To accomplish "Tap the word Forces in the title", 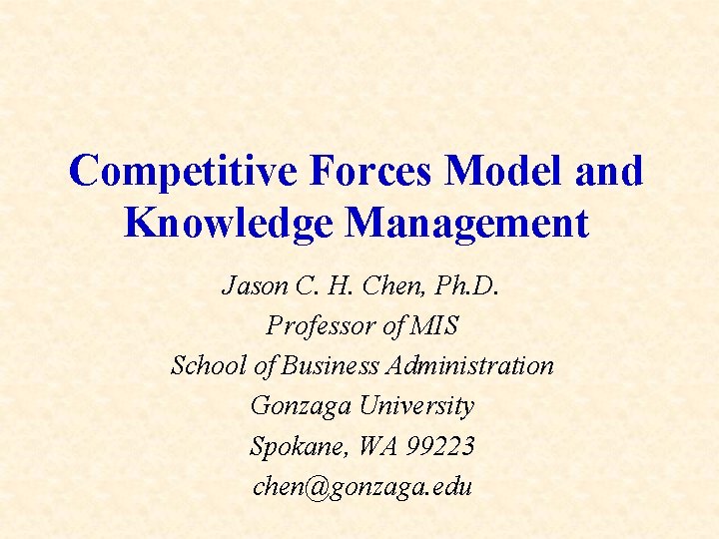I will [x=371, y=171].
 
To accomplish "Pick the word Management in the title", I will [x=466, y=223].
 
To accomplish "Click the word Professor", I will [x=316, y=325].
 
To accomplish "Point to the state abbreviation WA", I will [x=375, y=446].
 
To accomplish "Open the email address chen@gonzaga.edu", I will [x=361, y=487].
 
